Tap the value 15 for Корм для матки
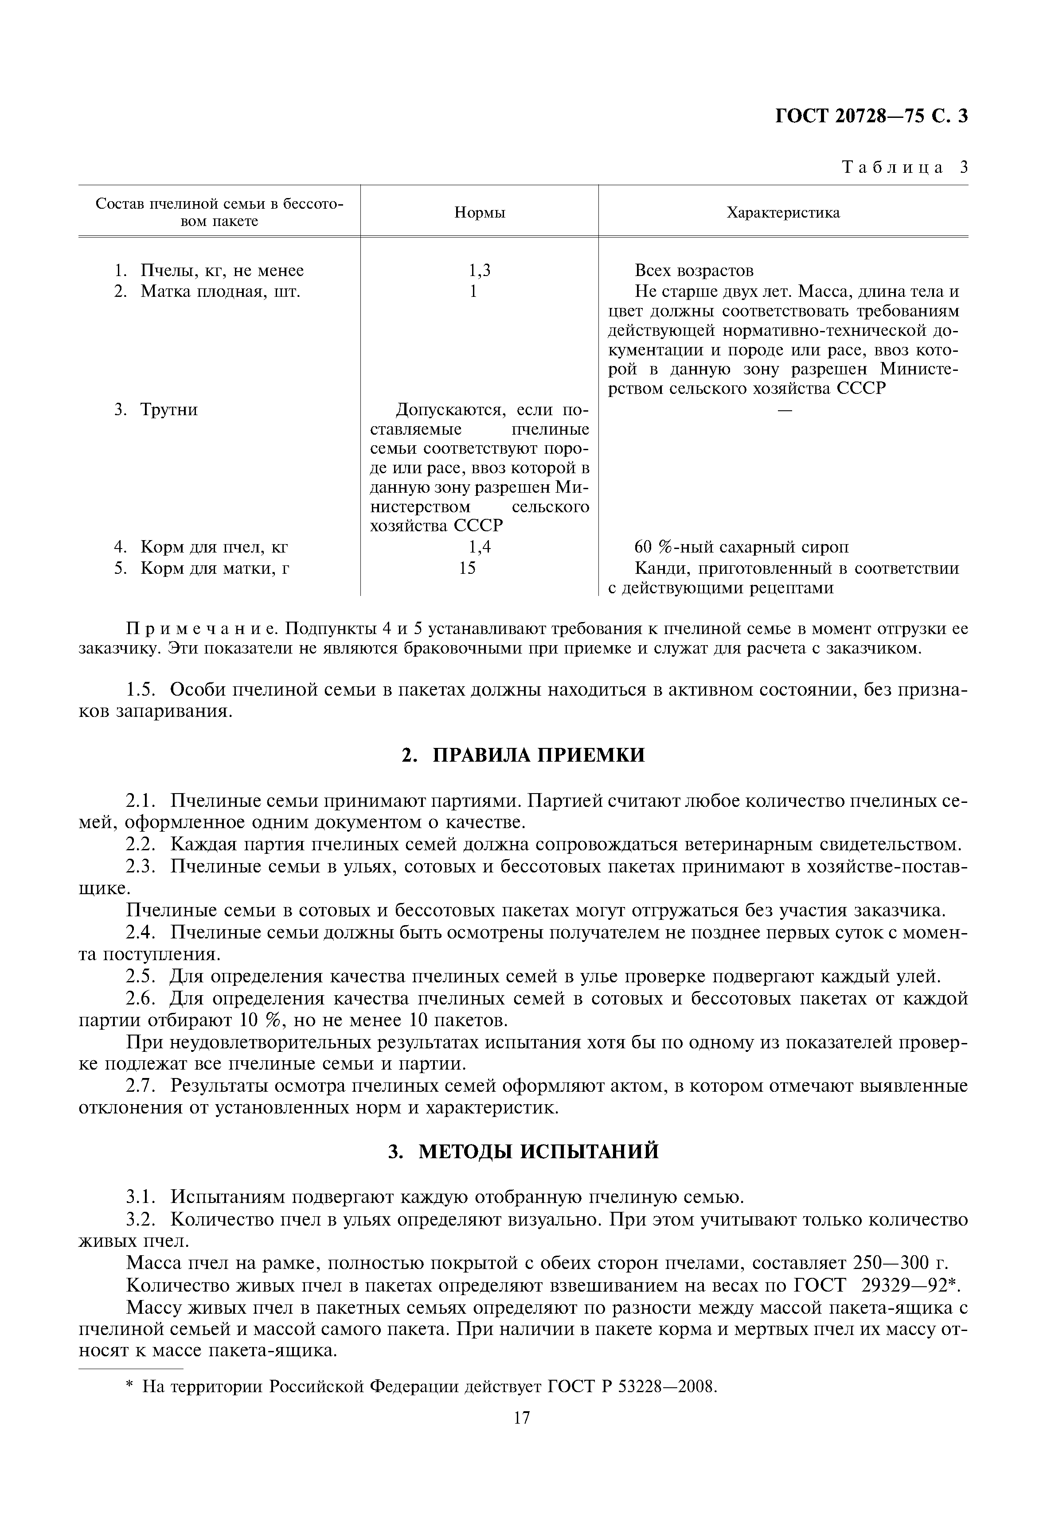(467, 568)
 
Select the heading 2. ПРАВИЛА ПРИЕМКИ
(523, 755)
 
